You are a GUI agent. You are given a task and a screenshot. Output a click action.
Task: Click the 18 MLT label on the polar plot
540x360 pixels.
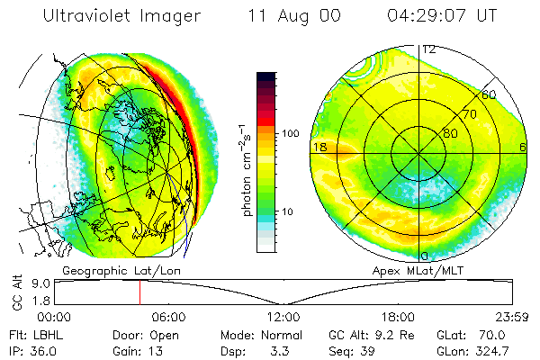[318, 147]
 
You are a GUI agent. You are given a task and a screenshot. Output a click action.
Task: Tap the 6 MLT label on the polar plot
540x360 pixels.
[523, 147]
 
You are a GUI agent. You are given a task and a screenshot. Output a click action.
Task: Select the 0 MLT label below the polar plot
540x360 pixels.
[425, 256]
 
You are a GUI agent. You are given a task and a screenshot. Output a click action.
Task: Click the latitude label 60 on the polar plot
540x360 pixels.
[489, 94]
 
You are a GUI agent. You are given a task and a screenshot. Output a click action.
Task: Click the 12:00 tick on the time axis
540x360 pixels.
[283, 317]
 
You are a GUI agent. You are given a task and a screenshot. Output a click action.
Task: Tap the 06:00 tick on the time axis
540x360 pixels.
[168, 317]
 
